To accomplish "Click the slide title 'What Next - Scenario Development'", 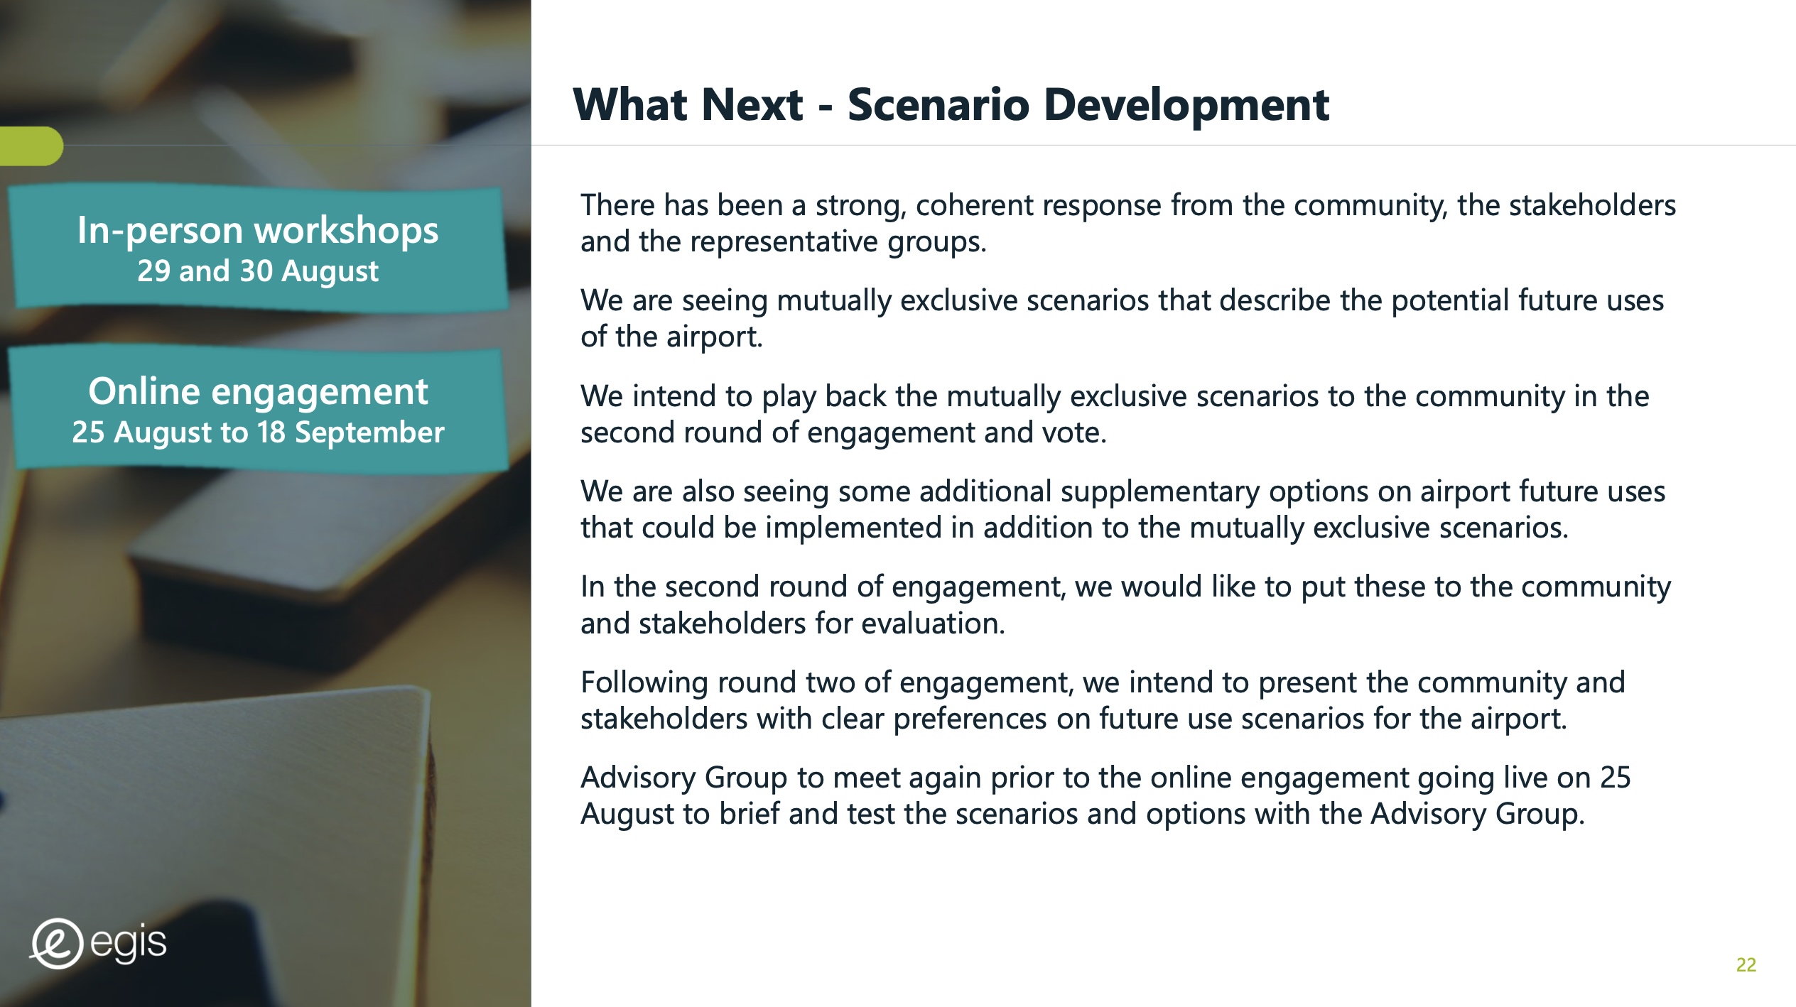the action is click(951, 105).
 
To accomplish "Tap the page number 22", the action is click(1746, 964).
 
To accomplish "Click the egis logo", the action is click(98, 943).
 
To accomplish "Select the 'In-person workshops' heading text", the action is click(258, 231).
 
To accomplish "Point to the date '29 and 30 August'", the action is click(258, 271).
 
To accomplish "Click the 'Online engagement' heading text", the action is click(258, 392).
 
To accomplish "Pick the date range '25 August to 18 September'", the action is click(258, 432).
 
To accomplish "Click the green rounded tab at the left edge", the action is click(31, 146).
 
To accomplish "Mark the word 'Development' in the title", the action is click(1186, 105).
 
